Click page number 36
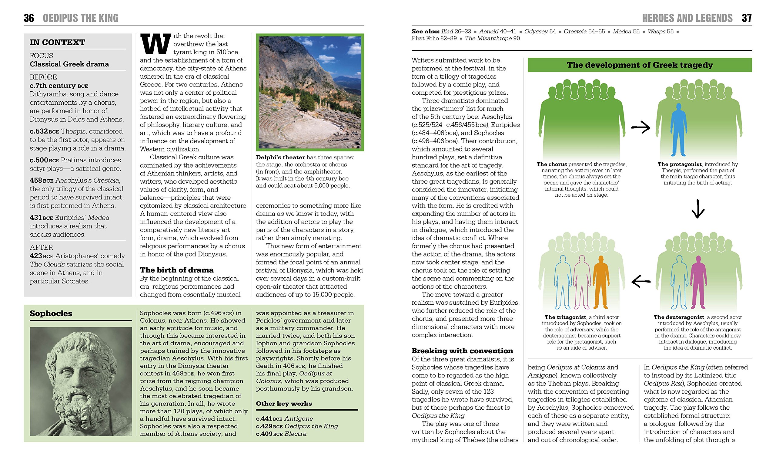tap(29, 18)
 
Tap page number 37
tap(747, 18)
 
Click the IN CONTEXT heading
tap(57, 42)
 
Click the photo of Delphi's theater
tap(310, 92)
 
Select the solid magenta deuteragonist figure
tap(698, 281)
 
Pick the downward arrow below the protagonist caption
tap(698, 209)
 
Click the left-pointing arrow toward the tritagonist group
tap(641, 281)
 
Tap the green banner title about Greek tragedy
tap(640, 65)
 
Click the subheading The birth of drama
tap(177, 270)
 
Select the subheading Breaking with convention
tap(462, 351)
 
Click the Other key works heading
tap(284, 404)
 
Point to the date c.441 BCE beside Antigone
tap(269, 419)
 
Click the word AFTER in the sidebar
tap(41, 247)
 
